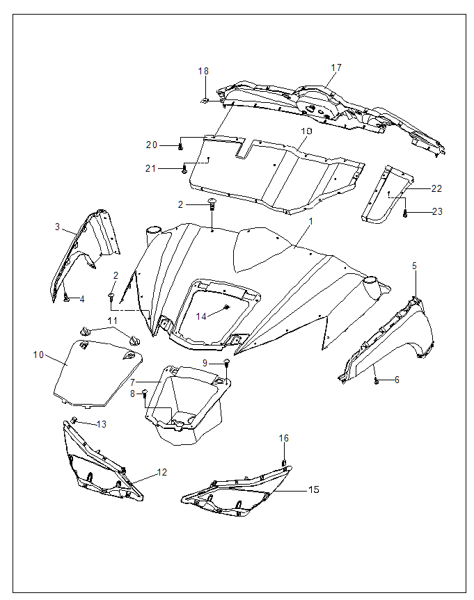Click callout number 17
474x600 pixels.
pos(336,68)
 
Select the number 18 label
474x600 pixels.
pos(203,71)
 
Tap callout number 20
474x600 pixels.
pos(152,145)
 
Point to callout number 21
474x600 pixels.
pos(152,169)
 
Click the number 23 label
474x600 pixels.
pos(436,211)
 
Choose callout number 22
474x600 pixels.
pos(436,188)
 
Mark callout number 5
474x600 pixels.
pos(414,266)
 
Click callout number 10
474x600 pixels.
pos(38,355)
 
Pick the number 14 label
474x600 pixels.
pos(201,316)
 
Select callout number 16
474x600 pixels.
pos(283,438)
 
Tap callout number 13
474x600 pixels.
pos(102,424)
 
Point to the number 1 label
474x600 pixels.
pos(310,221)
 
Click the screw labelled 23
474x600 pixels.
pos(405,214)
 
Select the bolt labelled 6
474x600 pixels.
pos(377,381)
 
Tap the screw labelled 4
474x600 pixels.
pos(65,298)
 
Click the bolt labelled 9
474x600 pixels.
pos(227,362)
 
